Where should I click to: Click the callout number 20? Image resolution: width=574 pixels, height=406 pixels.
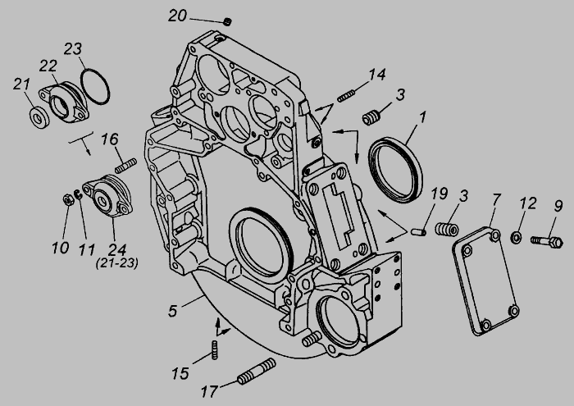pos(178,16)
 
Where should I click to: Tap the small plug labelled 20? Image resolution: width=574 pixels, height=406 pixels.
pos(228,21)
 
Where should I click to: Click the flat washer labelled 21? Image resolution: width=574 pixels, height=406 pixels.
pos(39,118)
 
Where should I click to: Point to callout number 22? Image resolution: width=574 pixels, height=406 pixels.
pos(48,66)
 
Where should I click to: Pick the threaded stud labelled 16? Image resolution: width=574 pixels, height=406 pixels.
pos(125,166)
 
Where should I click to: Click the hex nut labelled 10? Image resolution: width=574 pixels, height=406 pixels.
pos(68,200)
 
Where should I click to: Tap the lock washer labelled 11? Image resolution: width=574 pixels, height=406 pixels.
pos(78,195)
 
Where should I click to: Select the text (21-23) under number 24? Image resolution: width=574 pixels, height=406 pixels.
pos(117,263)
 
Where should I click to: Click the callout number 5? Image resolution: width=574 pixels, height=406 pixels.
pos(173,311)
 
